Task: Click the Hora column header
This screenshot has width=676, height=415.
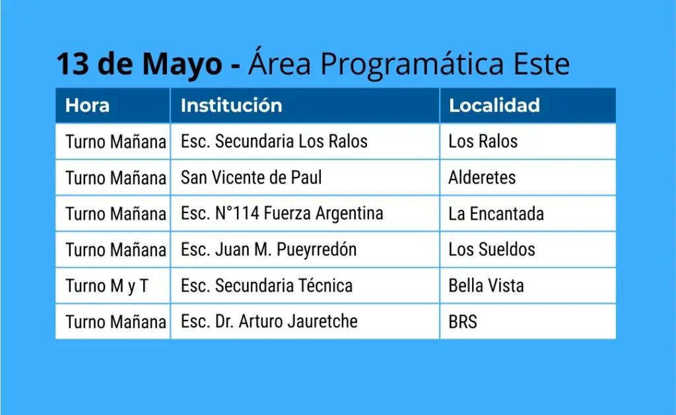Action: (x=87, y=106)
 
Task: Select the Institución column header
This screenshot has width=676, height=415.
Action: (x=231, y=106)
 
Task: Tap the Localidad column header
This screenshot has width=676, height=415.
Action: (x=494, y=106)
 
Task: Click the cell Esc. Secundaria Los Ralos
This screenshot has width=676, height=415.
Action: (x=274, y=141)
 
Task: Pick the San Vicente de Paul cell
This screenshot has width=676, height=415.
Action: (x=251, y=177)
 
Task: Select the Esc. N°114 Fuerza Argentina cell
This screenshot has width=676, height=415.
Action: (x=281, y=213)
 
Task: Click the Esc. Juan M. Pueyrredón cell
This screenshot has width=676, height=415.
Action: (x=268, y=249)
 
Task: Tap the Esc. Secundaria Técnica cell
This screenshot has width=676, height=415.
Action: (x=267, y=285)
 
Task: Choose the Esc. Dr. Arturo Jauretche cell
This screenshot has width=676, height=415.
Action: (x=269, y=321)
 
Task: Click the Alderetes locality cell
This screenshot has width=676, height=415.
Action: (x=482, y=177)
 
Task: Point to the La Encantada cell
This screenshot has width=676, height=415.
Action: (x=496, y=213)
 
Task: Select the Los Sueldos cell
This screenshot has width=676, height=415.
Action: (x=491, y=249)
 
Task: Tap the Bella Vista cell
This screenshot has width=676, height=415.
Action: (x=486, y=285)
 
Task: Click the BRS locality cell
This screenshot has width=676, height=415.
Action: (x=463, y=321)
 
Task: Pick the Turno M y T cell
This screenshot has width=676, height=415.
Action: (x=106, y=286)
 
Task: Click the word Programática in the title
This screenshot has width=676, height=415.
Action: (x=412, y=65)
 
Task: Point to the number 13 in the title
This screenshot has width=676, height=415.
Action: (x=73, y=64)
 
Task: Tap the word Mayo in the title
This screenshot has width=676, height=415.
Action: (x=182, y=65)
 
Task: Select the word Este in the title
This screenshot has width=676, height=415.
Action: (x=541, y=64)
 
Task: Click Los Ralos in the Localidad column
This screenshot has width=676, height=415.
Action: (x=483, y=141)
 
